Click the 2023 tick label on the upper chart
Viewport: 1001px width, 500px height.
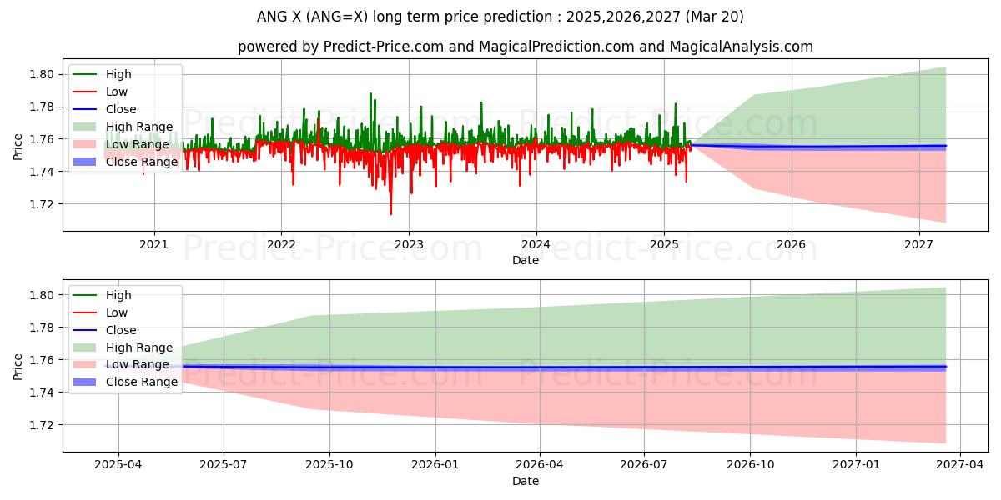[x=408, y=244]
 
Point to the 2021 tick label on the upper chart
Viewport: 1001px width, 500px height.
[x=153, y=244]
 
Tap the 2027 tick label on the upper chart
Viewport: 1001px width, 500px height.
[x=918, y=244]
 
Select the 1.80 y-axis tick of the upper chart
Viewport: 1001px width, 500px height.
[x=43, y=74]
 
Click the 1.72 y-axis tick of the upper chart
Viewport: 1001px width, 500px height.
[x=43, y=204]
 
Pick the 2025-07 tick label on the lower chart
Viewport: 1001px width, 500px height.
[x=224, y=465]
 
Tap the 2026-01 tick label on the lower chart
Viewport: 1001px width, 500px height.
[x=435, y=465]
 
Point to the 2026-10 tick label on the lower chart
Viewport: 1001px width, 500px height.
[x=751, y=465]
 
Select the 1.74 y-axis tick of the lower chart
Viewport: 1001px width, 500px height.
[x=43, y=392]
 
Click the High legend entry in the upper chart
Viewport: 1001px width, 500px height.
[x=118, y=74]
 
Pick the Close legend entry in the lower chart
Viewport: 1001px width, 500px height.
[x=121, y=330]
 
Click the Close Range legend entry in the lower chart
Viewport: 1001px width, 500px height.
[x=141, y=382]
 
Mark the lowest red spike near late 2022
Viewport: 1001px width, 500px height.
[x=390, y=213]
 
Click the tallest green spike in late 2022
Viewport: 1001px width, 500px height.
[x=370, y=93]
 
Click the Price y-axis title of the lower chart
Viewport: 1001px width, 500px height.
[x=18, y=366]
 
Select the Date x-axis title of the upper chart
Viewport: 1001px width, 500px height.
[x=526, y=260]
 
